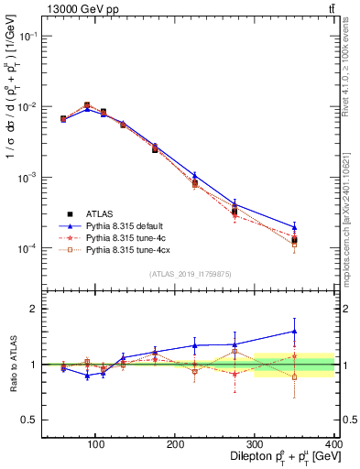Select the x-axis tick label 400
tap(333, 441)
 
